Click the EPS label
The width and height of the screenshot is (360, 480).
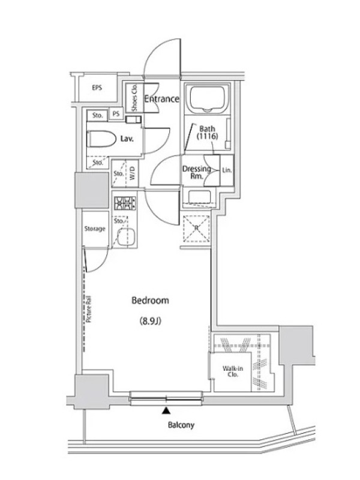coord(97,88)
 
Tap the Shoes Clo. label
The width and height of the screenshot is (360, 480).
coord(134,98)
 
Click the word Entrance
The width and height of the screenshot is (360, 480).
coord(161,99)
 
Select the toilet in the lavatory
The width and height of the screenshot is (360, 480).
coord(101,139)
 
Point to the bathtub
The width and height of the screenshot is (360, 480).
coord(207,98)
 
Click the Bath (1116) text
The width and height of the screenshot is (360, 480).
coord(207,133)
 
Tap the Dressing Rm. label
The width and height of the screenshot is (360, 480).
coord(196,172)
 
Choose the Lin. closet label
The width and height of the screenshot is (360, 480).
coord(227,170)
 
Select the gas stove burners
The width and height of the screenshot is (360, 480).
coord(125,203)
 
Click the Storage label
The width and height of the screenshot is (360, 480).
coord(95,229)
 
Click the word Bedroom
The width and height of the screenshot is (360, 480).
coord(150,301)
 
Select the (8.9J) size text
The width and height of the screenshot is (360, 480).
coord(151,321)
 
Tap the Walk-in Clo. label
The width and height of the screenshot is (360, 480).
coord(233,371)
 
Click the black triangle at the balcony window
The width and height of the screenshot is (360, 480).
coord(166,410)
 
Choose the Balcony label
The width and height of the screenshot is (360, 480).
coord(181,425)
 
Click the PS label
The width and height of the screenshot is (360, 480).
coord(116,114)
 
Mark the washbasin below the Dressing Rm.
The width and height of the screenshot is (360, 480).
coord(200,197)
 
